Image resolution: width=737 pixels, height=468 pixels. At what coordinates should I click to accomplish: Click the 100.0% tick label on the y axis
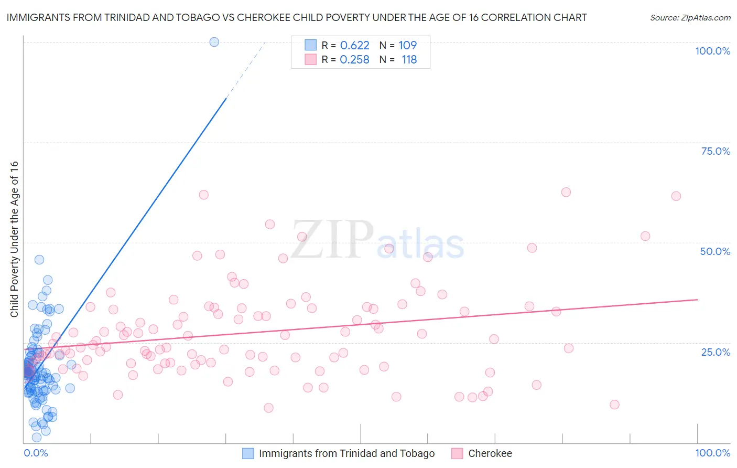712,51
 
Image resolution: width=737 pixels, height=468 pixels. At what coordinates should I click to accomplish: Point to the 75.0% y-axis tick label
716,151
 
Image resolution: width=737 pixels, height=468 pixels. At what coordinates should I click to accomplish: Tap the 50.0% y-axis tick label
715,251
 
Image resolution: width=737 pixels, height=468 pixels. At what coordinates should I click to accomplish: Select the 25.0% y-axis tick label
716,352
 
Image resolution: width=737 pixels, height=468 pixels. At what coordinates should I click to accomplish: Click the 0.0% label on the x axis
36,453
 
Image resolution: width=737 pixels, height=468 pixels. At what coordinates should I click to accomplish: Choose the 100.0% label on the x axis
712,453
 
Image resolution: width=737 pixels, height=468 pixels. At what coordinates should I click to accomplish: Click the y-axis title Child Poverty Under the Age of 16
14,239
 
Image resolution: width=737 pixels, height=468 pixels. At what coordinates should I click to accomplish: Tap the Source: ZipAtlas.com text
690,17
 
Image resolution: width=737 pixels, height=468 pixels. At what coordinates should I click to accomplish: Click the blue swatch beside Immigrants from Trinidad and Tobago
248,453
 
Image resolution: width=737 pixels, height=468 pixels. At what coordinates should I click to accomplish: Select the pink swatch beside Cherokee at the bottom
457,453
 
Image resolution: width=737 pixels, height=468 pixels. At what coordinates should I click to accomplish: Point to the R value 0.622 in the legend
354,45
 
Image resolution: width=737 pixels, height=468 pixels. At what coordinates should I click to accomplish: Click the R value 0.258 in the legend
354,60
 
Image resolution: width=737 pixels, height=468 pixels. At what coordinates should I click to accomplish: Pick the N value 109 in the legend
407,45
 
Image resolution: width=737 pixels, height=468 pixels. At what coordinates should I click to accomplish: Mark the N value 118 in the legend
409,60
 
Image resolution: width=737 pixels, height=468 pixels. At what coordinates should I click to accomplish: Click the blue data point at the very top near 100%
214,42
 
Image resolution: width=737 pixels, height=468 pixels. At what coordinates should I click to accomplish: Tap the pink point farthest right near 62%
676,196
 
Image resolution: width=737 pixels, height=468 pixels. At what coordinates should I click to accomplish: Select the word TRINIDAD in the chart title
124,17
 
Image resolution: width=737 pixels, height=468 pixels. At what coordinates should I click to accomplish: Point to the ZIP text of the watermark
332,240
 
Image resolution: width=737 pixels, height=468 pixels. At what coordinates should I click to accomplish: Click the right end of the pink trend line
697,300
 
